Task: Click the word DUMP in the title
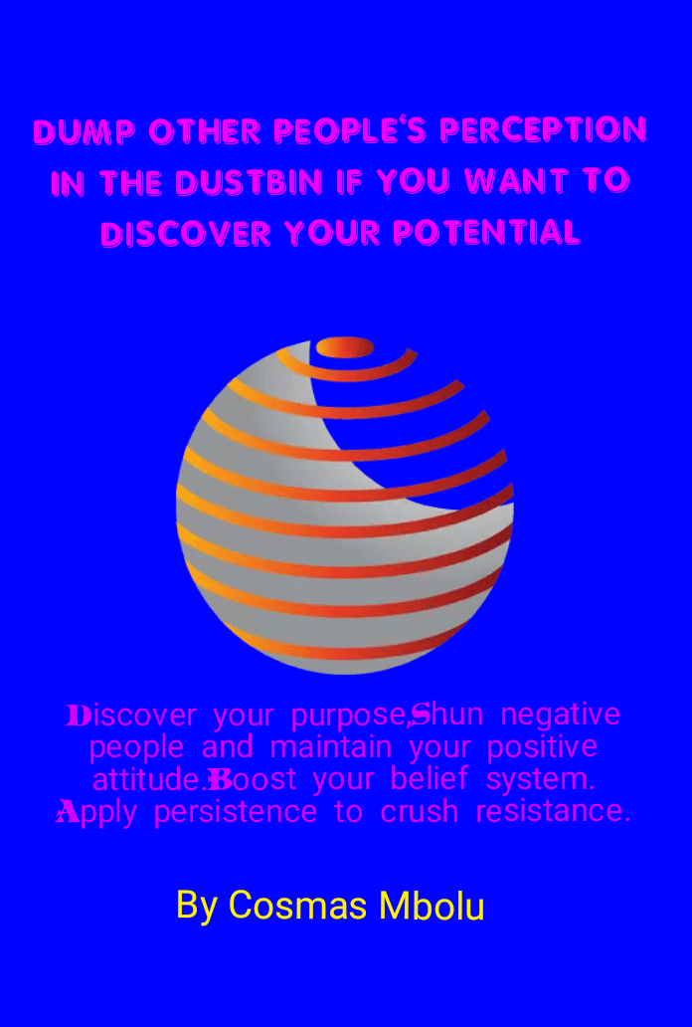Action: coord(85,131)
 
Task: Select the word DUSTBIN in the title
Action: coord(250,181)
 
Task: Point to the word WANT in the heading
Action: coord(526,181)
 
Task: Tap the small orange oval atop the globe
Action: coord(345,347)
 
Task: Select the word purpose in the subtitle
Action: coord(349,716)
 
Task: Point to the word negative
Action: coord(561,714)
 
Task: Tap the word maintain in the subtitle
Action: coord(331,746)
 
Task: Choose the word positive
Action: coord(542,747)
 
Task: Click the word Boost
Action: coord(253,779)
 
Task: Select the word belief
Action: coord(430,779)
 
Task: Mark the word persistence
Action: coord(235,812)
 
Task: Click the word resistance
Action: coord(553,811)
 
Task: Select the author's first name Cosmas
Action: coord(297,906)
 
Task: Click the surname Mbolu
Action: coord(432,906)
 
